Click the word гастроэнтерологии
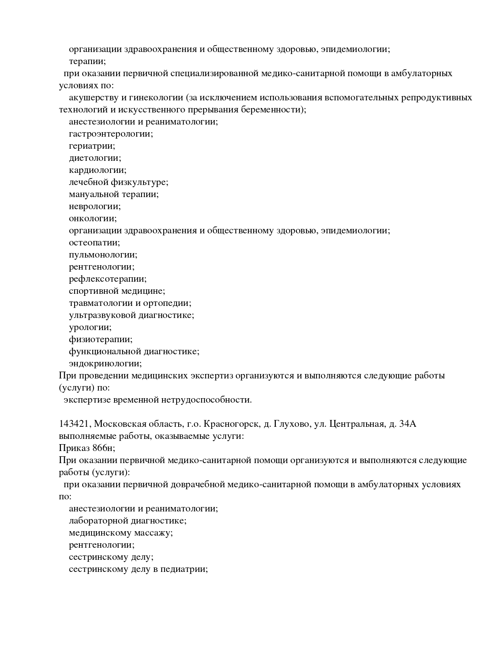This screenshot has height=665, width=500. pyautogui.click(x=111, y=134)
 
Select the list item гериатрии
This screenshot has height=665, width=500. pyautogui.click(x=92, y=146)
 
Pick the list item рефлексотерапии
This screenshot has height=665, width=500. pyautogui.click(x=108, y=279)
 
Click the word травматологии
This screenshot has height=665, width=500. pyautogui.click(x=101, y=303)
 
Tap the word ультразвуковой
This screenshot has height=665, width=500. pyautogui.click(x=102, y=315)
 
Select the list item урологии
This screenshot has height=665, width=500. pyautogui.click(x=90, y=327)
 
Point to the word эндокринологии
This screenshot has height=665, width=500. pyautogui.click(x=105, y=364)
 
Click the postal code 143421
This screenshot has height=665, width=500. pyautogui.click(x=75, y=424)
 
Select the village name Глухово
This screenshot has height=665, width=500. pyautogui.click(x=288, y=424)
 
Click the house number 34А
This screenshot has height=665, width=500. pyautogui.click(x=407, y=424)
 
